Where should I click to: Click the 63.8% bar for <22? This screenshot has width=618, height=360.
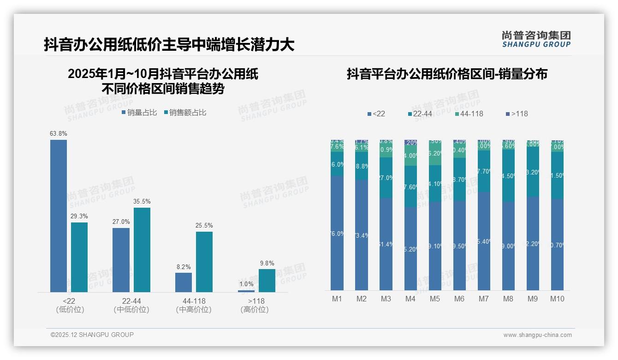coord(59,216)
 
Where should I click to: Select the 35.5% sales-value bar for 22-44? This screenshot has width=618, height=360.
coord(142,250)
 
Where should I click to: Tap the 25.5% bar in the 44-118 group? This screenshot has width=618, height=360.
coord(204,262)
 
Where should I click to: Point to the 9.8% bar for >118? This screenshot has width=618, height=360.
coord(267,280)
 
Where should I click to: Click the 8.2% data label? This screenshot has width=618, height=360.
coord(183,267)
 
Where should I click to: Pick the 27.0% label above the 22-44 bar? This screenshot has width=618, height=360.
coord(121,222)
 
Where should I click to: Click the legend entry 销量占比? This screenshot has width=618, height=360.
coord(140,113)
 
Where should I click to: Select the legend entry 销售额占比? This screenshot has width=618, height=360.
coord(185,113)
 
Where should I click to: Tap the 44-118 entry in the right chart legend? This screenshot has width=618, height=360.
coord(469,114)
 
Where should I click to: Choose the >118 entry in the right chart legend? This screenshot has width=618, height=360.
coord(517,114)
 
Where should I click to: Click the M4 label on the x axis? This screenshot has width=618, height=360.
coord(410,299)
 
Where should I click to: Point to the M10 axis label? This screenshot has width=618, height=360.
coord(557,299)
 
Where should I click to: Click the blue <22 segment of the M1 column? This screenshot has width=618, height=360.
coord(337,233)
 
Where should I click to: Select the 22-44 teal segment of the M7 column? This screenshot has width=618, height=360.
coord(484,171)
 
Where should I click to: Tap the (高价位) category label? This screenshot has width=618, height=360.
coord(255,310)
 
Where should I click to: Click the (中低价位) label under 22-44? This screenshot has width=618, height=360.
coord(131,310)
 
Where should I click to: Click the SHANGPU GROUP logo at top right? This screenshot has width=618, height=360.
coord(536,39)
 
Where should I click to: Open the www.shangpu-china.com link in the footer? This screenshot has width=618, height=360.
coord(537,335)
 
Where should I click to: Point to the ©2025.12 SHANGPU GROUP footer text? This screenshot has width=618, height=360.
coord(92,335)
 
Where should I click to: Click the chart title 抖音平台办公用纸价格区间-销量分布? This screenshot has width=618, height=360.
coord(447,74)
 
